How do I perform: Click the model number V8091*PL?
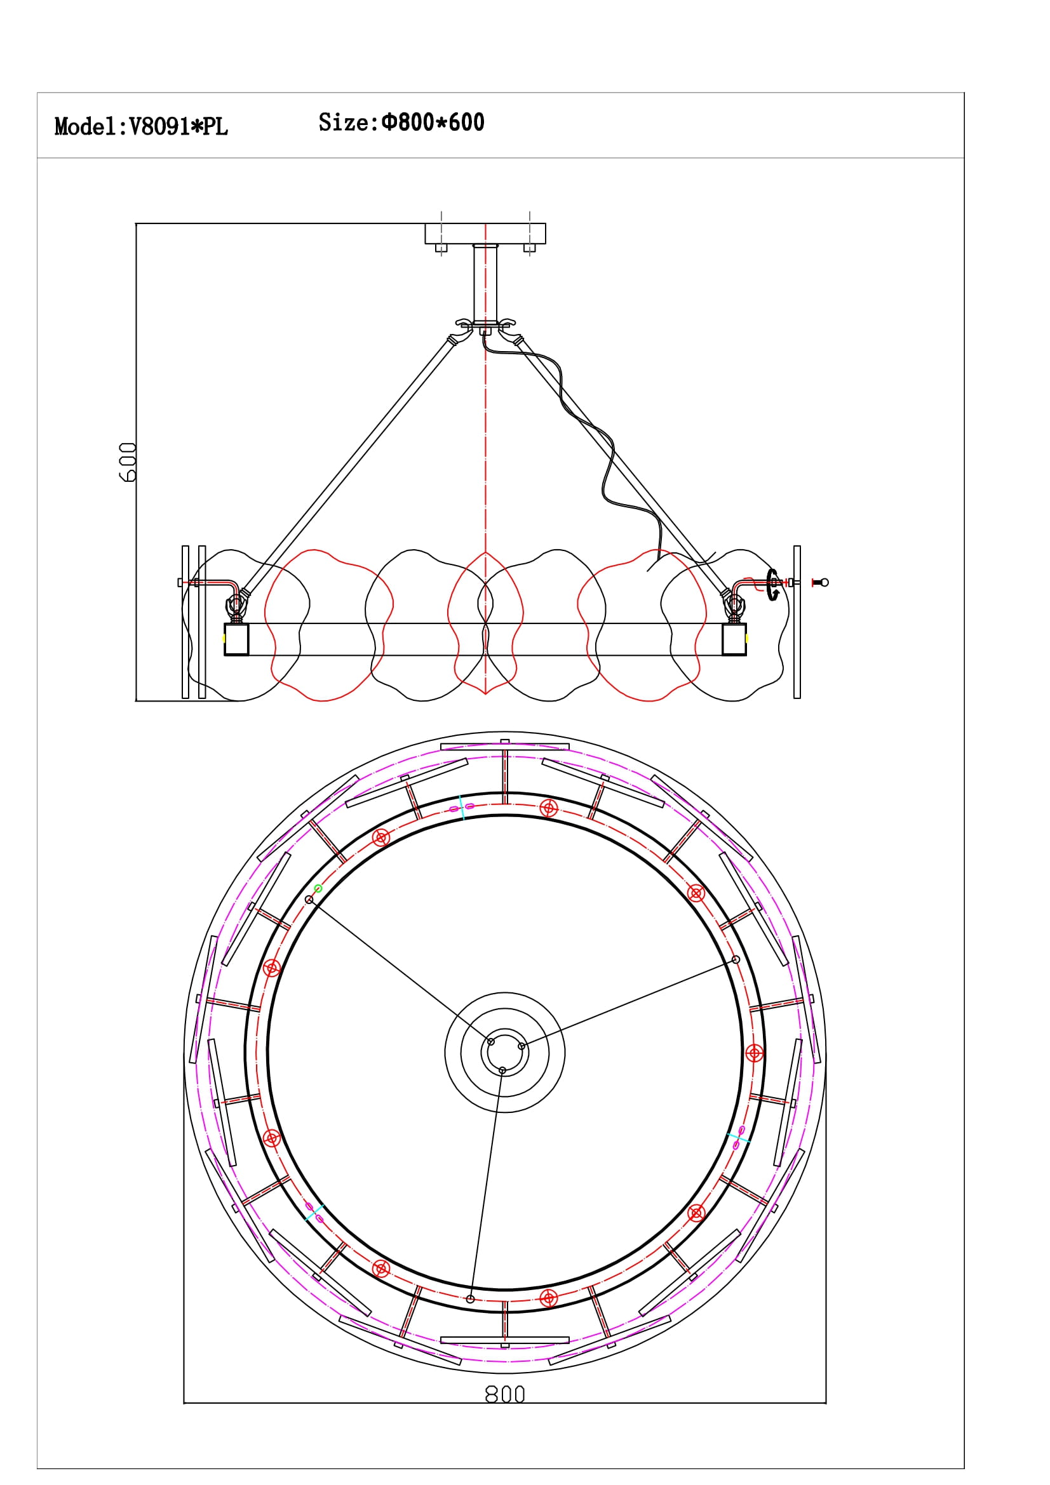[x=178, y=127]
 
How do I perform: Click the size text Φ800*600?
[x=433, y=123]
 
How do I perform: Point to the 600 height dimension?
[x=128, y=462]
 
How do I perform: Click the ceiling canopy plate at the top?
[x=485, y=234]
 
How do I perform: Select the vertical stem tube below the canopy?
[x=485, y=284]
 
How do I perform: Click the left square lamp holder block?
[x=236, y=639]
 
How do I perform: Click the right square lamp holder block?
[x=734, y=639]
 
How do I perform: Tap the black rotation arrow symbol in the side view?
[x=772, y=585]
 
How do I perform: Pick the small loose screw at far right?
[x=820, y=583]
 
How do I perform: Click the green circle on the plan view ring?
[x=318, y=889]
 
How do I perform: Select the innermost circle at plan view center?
[x=504, y=1053]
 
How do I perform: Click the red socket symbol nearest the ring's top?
[x=549, y=808]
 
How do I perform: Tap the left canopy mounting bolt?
[x=441, y=248]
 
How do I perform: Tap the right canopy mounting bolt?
[x=529, y=248]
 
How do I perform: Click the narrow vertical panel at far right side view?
[x=797, y=622]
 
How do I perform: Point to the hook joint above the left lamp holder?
[x=236, y=604]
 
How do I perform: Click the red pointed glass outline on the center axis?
[x=485, y=622]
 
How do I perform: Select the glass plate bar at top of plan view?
[x=504, y=747]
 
